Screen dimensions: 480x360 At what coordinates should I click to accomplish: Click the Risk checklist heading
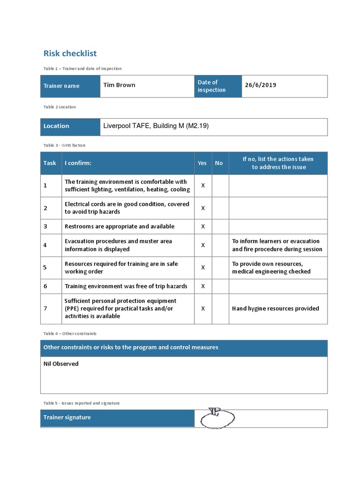[x=70, y=53]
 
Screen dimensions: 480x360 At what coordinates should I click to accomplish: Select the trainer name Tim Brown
[x=119, y=85]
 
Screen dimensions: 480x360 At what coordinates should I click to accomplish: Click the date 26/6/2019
[x=260, y=85]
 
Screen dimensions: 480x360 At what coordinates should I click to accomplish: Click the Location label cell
[x=56, y=126]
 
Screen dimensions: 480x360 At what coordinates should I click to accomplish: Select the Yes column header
[x=202, y=163]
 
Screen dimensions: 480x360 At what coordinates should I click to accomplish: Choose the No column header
[x=219, y=163]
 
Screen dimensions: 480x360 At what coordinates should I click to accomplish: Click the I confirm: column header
[x=78, y=163]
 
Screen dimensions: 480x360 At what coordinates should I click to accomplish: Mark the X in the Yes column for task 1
[x=203, y=186]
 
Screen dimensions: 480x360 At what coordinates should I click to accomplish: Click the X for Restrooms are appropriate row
[x=203, y=226]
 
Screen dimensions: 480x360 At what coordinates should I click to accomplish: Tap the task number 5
[x=45, y=268]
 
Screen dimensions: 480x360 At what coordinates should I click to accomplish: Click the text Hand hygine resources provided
[x=275, y=308]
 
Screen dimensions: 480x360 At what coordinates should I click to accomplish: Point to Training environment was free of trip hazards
[x=126, y=286]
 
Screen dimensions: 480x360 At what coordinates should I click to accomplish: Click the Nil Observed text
[x=61, y=364]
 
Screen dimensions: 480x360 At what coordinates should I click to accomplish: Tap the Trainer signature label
[x=67, y=418]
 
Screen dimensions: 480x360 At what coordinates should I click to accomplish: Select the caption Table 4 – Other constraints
[x=70, y=333]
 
